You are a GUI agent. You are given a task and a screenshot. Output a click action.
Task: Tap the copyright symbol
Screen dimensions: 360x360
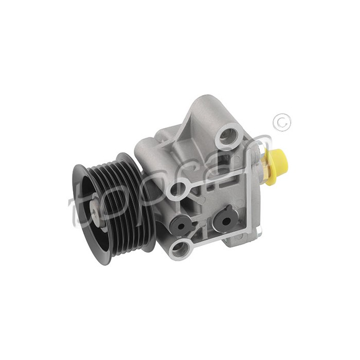coord(283,122)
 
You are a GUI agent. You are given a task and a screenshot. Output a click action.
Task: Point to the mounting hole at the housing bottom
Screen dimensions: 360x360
coord(181,249)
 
